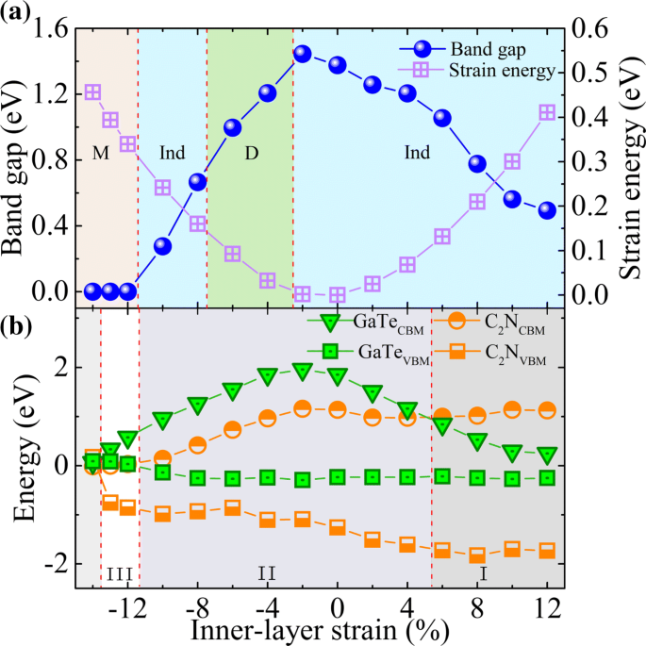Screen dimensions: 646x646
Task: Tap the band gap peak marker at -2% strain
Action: pos(303,54)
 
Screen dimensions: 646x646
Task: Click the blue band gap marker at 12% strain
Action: pos(547,210)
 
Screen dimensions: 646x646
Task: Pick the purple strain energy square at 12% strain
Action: pos(547,112)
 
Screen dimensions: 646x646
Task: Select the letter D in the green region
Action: pos(252,152)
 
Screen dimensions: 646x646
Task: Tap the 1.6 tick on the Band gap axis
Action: pos(52,30)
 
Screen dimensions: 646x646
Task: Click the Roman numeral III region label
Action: pos(120,572)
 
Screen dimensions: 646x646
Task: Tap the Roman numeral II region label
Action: pos(267,572)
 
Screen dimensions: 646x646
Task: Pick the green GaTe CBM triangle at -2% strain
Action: pos(303,372)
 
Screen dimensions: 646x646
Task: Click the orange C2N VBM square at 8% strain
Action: pos(477,555)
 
